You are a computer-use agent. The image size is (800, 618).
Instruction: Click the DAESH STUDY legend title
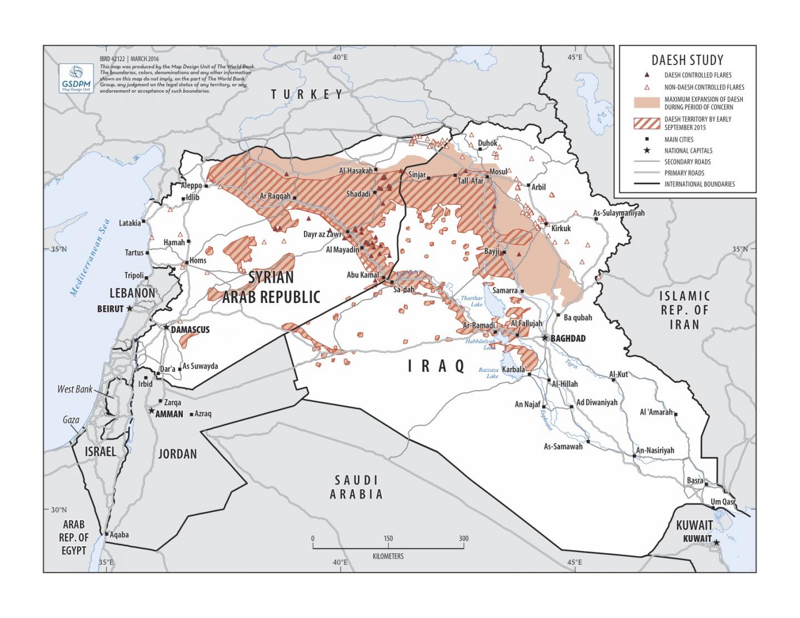tap(687, 60)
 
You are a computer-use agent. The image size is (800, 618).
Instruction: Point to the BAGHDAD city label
tap(567, 338)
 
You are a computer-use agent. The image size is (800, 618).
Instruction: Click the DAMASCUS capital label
tap(190, 330)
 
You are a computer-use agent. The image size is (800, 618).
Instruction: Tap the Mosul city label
tap(498, 172)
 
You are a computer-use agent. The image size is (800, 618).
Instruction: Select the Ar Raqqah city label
tap(275, 196)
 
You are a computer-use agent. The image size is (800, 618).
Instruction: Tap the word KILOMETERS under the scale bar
tap(388, 556)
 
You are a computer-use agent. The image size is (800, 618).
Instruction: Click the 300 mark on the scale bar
tap(463, 538)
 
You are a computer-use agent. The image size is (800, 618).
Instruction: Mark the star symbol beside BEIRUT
tap(129, 308)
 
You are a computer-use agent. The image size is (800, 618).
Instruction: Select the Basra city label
tap(694, 480)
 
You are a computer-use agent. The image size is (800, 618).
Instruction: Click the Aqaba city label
tap(119, 535)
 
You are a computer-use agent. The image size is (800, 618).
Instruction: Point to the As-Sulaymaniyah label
tap(618, 213)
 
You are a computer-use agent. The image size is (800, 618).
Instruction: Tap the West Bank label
tap(75, 389)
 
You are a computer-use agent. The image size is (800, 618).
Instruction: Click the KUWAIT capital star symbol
tap(717, 542)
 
